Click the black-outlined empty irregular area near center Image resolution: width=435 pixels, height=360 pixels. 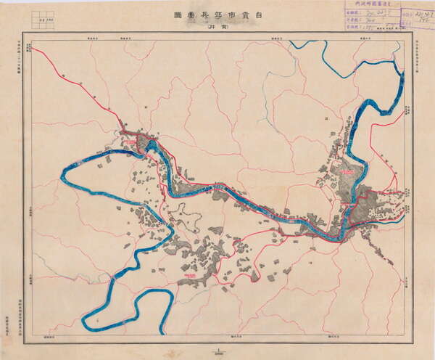190,218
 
